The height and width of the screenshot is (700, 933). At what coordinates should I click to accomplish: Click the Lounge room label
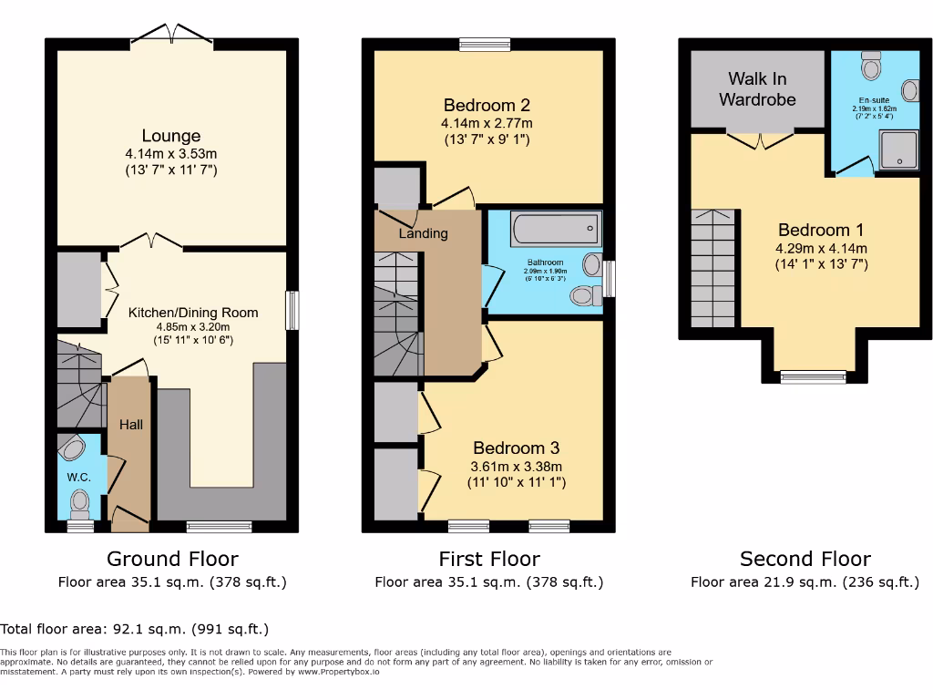pos(171,137)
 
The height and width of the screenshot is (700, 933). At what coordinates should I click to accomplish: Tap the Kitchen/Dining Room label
pos(192,313)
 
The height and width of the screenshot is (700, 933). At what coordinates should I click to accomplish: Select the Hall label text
pos(131,424)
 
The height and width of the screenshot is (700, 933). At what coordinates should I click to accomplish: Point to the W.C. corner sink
pos(73,447)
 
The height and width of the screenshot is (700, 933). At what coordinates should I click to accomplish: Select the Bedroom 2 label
pos(487,105)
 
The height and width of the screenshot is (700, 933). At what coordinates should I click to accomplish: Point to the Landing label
pos(424,233)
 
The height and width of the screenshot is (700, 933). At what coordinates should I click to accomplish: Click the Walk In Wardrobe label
pos(757,89)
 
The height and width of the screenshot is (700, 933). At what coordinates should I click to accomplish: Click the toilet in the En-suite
pos(871,67)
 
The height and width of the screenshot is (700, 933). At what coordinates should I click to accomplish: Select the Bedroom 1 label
pos(821,230)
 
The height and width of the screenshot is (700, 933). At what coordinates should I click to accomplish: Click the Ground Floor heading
pos(172,559)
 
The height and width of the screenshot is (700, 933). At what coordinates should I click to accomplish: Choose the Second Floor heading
pos(805,559)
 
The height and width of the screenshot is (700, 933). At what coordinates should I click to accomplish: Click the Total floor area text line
pos(135,629)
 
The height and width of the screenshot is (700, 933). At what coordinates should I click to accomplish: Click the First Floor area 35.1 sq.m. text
pos(488,582)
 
